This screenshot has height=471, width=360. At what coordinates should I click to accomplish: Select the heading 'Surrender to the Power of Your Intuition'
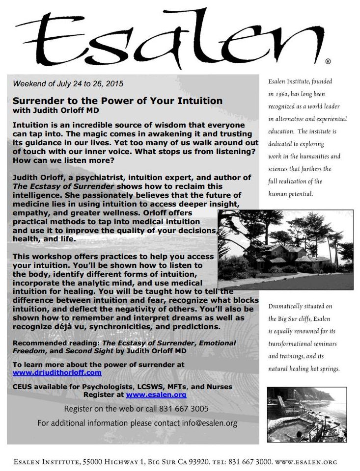coord(117,101)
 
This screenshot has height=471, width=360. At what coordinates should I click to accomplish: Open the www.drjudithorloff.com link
coord(57,373)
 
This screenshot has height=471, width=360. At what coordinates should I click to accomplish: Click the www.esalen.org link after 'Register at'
coord(156,394)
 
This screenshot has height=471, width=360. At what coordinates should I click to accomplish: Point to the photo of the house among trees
coord(285,250)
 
